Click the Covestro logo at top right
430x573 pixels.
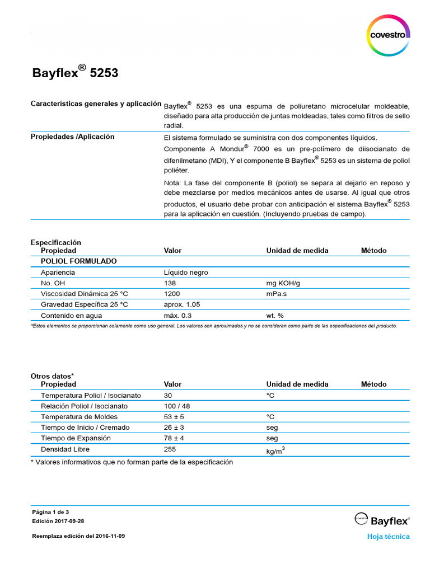(x=387, y=35)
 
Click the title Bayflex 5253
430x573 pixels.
(x=75, y=73)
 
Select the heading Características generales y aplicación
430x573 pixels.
(x=96, y=104)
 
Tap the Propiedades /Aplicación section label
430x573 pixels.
(x=72, y=137)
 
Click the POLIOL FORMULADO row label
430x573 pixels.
(x=79, y=261)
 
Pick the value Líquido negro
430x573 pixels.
(x=186, y=273)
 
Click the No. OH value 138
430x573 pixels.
(x=170, y=283)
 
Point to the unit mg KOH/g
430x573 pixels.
(x=283, y=283)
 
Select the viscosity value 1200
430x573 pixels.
(x=172, y=294)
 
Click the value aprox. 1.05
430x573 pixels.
(x=182, y=304)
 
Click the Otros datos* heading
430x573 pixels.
(x=52, y=377)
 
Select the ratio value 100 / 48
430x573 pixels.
(x=177, y=406)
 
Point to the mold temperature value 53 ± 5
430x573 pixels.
(x=174, y=417)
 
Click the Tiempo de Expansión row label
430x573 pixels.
(x=76, y=438)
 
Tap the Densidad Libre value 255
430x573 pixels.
(x=170, y=449)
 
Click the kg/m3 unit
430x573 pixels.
(x=275, y=450)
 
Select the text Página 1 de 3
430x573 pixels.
(x=50, y=512)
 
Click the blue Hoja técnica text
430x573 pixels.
(x=388, y=537)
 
